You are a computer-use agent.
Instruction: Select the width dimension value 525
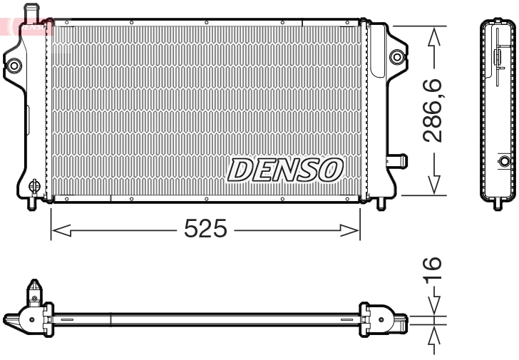[x=205, y=230]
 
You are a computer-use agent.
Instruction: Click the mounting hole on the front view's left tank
[x=14, y=66]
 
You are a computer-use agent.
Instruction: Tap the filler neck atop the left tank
[x=30, y=12]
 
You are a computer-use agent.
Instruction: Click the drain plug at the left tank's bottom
[x=33, y=187]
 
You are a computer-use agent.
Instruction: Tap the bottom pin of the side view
[x=497, y=203]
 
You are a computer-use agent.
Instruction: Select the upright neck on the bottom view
[x=33, y=292]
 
